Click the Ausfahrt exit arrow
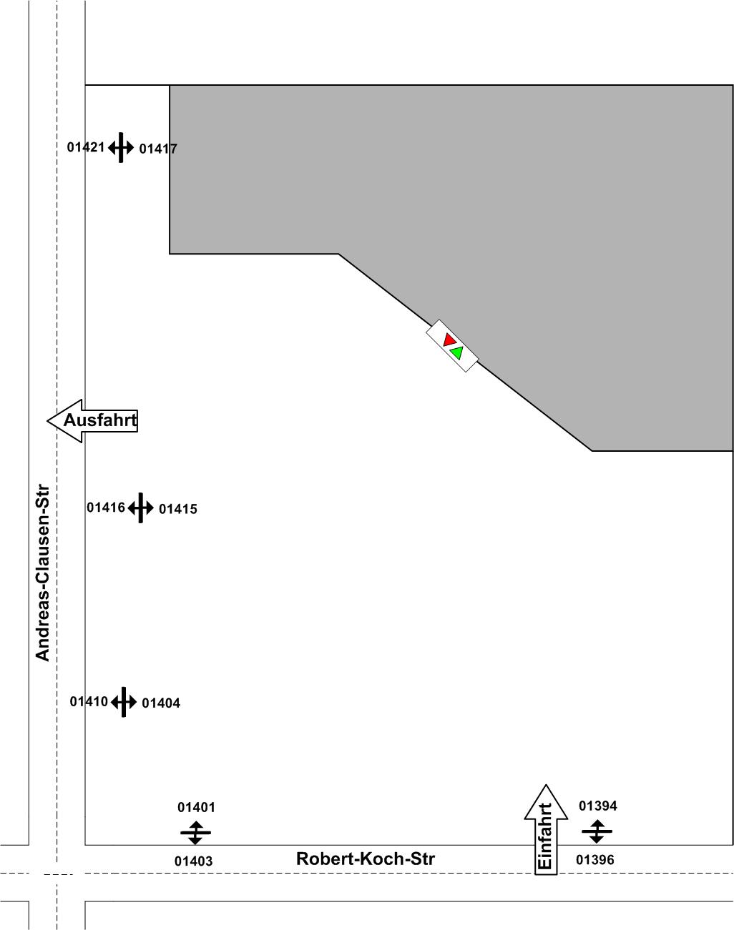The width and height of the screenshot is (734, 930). pyautogui.click(x=92, y=420)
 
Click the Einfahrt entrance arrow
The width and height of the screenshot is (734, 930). pyautogui.click(x=546, y=829)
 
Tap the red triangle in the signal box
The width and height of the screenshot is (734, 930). pyautogui.click(x=449, y=340)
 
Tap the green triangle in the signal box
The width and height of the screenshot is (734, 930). pyautogui.click(x=457, y=352)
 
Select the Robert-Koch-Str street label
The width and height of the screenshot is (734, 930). pyautogui.click(x=365, y=859)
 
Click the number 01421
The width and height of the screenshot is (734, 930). pyautogui.click(x=86, y=147)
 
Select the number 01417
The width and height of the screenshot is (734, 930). pyautogui.click(x=158, y=149)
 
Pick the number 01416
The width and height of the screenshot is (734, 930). pyautogui.click(x=106, y=508)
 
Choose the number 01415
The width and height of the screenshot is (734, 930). pyautogui.click(x=177, y=509)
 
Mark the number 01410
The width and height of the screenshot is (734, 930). pyautogui.click(x=89, y=701)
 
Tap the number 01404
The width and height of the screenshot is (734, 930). pyautogui.click(x=161, y=703)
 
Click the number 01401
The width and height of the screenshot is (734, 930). pyautogui.click(x=196, y=807)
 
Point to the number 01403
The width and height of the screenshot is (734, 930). pyautogui.click(x=194, y=861)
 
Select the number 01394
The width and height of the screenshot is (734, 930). pyautogui.click(x=598, y=806)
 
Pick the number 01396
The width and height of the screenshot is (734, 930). pyautogui.click(x=595, y=860)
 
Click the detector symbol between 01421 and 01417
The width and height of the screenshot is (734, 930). pyautogui.click(x=121, y=148)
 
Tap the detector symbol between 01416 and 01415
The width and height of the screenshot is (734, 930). pyautogui.click(x=141, y=508)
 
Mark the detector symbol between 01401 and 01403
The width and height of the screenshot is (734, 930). pyautogui.click(x=195, y=833)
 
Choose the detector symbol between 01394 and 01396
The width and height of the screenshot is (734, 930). pyautogui.click(x=597, y=832)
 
